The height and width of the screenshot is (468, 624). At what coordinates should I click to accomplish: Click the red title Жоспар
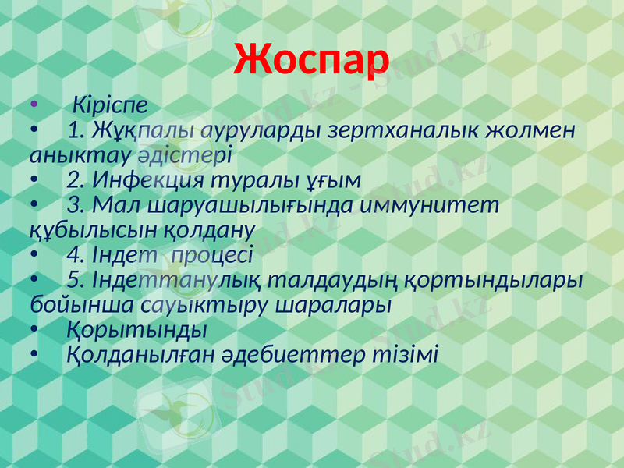pos(311,58)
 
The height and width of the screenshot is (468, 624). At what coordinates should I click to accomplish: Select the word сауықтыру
pos(206,304)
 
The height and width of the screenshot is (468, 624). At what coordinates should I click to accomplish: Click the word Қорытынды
pos(137,329)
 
